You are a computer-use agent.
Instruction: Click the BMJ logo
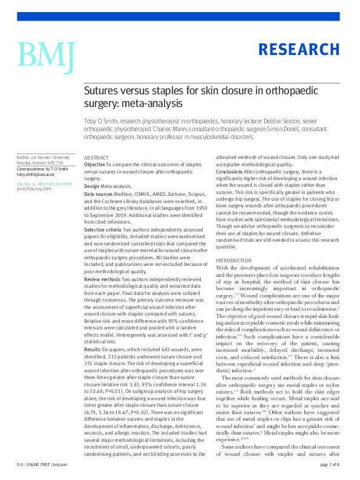[x=46, y=54]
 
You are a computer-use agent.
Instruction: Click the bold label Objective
[x=94, y=164]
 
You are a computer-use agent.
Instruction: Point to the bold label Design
[x=92, y=187]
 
